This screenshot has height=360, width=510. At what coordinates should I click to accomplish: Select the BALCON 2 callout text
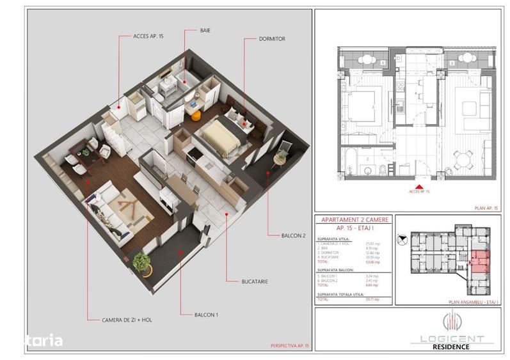click(293, 235)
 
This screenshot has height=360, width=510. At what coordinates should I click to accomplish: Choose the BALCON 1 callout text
click(207, 315)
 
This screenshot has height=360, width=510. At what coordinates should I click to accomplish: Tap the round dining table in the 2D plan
click(462, 157)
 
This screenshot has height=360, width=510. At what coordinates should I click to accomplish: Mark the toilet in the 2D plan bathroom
click(381, 169)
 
